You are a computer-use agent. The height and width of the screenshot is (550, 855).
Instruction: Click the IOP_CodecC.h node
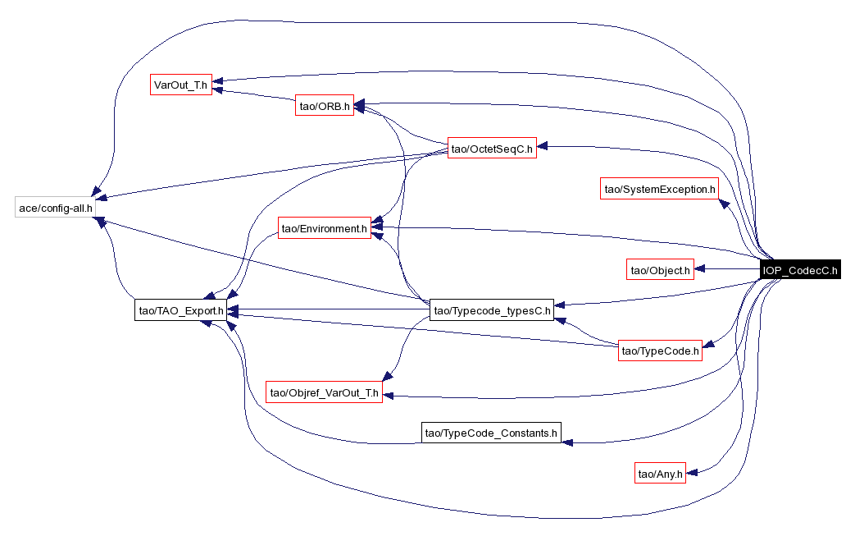(799, 270)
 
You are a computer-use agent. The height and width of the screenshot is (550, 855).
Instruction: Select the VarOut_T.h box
(181, 84)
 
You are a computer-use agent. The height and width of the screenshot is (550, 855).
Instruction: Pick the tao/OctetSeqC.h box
(492, 149)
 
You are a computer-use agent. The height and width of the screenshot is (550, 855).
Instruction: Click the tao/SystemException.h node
(659, 190)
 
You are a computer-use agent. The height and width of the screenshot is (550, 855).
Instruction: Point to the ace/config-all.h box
(56, 208)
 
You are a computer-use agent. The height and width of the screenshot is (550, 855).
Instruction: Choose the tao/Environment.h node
(323, 229)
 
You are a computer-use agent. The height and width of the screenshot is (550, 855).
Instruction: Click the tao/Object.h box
(660, 269)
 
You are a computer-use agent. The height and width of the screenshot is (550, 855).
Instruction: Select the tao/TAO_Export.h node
(180, 310)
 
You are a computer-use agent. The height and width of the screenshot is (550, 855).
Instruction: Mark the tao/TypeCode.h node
(661, 351)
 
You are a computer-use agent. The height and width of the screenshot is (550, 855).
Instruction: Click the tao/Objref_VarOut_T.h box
(325, 393)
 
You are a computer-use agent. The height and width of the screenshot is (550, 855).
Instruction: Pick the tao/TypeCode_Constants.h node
(491, 432)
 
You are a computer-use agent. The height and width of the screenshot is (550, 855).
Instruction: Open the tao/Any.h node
(660, 474)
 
